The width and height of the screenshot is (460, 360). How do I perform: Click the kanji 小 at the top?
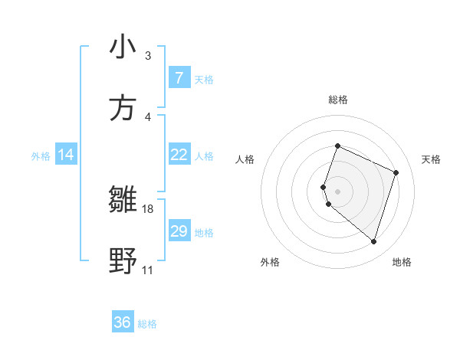(123, 47)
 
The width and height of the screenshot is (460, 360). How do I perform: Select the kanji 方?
(123, 107)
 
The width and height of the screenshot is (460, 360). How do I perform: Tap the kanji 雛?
(123, 200)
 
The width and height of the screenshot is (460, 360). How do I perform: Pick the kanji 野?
(123, 261)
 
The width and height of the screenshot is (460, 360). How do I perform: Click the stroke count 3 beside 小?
(148, 55)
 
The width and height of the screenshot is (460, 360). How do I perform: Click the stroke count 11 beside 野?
(147, 270)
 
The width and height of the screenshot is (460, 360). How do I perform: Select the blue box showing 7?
(179, 78)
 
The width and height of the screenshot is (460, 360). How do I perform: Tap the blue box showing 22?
(179, 155)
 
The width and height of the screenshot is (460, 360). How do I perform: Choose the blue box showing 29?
(179, 231)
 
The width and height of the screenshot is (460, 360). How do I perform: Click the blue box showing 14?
(66, 155)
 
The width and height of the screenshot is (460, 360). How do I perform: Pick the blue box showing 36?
(123, 322)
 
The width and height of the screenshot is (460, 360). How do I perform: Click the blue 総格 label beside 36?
(147, 324)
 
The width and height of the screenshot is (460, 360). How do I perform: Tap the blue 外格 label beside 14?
(41, 156)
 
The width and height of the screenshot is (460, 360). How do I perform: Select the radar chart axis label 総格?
(337, 100)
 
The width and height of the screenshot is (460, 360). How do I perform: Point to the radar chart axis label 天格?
(432, 159)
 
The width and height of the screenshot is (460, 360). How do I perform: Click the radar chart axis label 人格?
(245, 159)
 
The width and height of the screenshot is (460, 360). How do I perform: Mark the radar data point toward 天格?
(396, 172)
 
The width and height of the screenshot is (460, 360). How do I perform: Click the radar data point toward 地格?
(373, 241)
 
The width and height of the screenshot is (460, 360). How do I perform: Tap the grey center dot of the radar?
(337, 191)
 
